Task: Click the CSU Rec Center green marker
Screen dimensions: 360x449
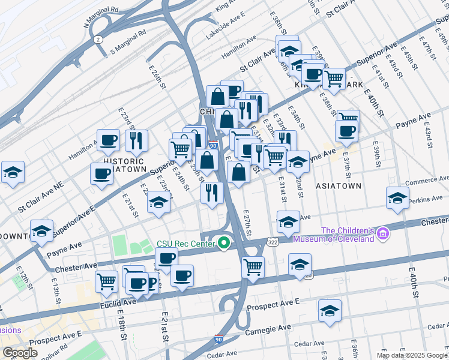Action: click(224, 243)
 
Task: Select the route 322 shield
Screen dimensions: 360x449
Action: click(273, 241)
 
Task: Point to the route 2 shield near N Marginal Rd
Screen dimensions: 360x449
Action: click(97, 39)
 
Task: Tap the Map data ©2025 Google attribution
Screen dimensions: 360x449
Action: click(412, 355)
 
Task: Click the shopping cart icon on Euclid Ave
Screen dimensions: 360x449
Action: click(106, 280)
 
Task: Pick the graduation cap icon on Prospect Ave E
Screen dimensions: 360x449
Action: click(330, 310)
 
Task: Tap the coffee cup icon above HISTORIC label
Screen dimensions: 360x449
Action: click(108, 140)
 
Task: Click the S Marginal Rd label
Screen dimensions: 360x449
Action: click(128, 43)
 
